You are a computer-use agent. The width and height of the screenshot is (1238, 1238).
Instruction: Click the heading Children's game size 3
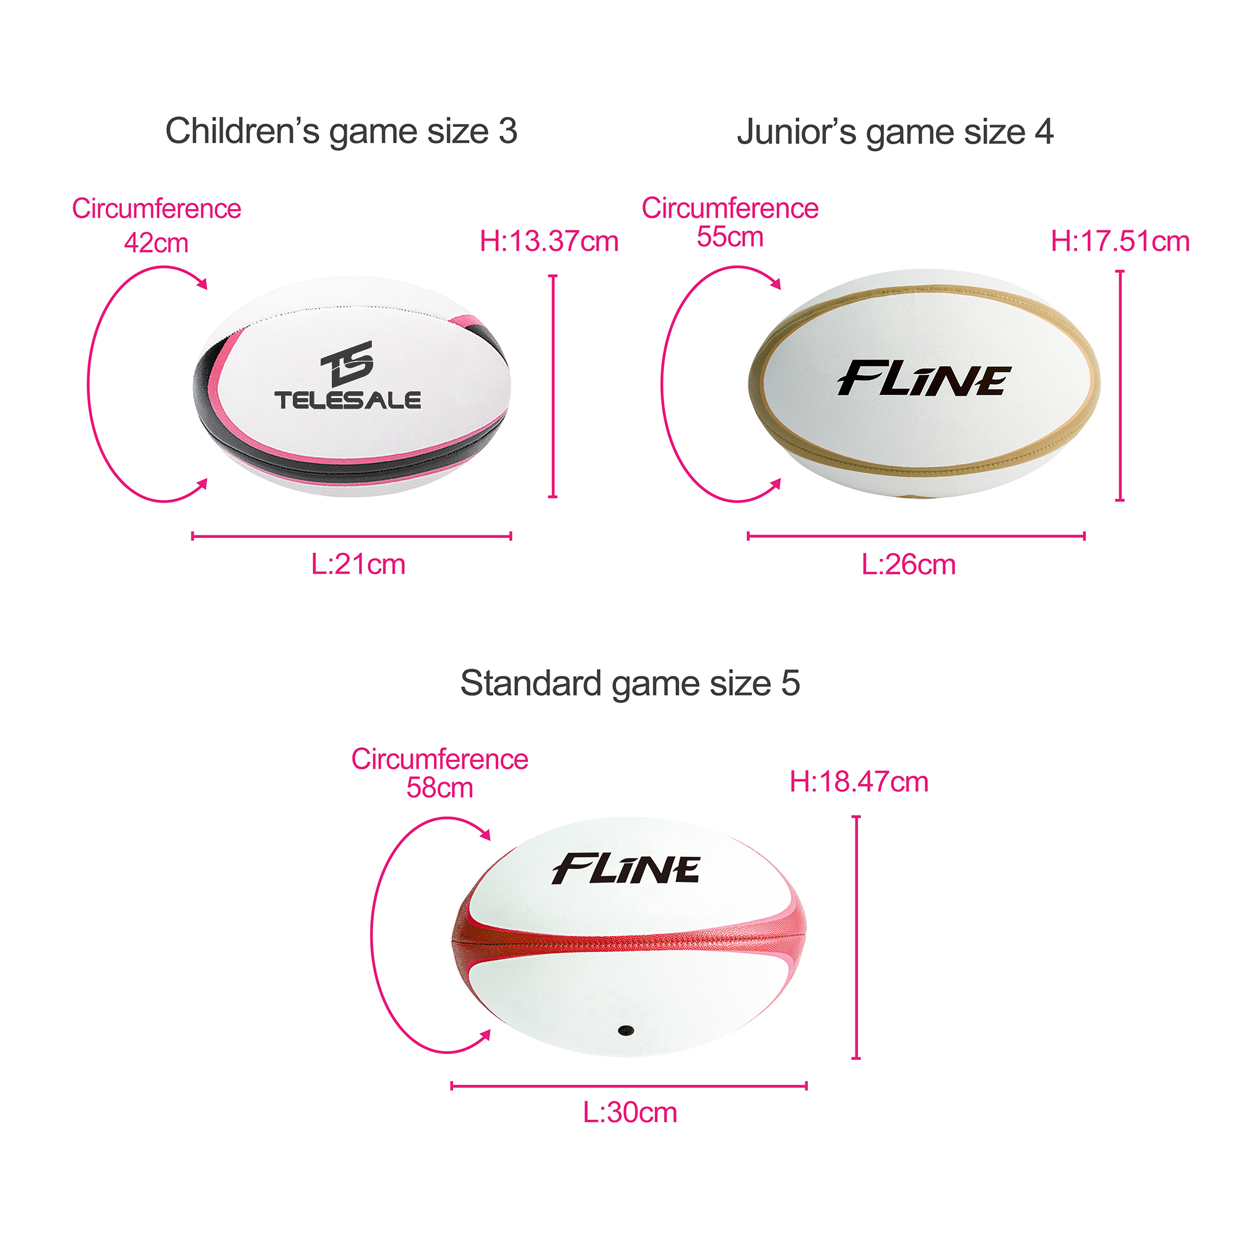point(341,131)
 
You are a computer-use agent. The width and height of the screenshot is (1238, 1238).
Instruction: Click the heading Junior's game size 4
point(894,132)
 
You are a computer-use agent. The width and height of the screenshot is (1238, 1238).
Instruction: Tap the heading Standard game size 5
point(630,683)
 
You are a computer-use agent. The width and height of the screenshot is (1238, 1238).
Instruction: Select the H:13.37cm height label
point(549,241)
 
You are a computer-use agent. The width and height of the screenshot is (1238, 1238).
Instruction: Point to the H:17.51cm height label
point(1120,241)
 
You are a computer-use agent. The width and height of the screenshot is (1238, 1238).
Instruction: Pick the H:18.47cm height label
point(859,782)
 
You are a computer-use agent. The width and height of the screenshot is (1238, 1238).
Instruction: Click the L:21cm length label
point(358,565)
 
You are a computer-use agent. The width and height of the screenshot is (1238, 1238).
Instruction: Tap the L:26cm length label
point(908,565)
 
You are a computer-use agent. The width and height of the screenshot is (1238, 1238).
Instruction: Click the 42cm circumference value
point(157,243)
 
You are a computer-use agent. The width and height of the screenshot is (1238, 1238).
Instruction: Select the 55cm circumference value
point(730,237)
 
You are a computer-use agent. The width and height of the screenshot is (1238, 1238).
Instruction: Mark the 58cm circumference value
point(439,788)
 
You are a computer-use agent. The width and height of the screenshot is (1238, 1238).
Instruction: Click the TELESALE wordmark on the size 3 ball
point(348,400)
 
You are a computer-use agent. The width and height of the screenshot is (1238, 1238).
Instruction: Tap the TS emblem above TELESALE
point(347,362)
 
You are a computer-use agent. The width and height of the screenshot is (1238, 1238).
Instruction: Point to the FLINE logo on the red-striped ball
point(625,870)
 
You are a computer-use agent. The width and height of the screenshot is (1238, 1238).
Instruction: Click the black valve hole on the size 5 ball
point(625,1031)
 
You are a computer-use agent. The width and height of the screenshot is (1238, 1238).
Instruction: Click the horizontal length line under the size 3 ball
point(351,536)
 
